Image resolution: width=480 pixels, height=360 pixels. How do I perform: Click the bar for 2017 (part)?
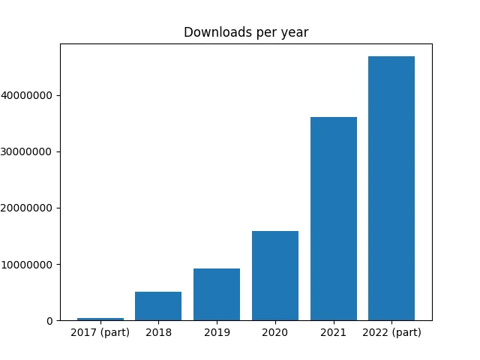tap(100, 319)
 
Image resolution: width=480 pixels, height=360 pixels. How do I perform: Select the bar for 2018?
tap(158, 306)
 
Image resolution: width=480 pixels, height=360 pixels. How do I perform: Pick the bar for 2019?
tap(217, 295)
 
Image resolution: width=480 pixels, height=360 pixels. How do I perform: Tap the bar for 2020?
tap(275, 276)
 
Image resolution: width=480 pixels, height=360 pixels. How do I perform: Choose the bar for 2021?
tap(334, 219)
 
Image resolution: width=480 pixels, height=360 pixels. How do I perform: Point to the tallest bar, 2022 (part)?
tap(391, 188)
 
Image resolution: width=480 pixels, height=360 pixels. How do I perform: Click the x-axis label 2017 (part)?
tap(100, 332)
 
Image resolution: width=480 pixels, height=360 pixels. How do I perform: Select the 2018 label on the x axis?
tap(158, 332)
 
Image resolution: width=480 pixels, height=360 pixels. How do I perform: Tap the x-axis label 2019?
tap(217, 332)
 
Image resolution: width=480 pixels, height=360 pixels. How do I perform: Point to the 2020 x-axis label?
tap(275, 332)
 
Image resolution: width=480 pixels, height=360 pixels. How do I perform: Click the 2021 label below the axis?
tap(333, 332)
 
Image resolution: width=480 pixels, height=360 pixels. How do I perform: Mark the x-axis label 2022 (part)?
tap(391, 332)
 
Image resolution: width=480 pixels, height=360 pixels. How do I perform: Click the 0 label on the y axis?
tap(50, 321)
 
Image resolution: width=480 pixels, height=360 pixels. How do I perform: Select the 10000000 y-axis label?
tap(27, 265)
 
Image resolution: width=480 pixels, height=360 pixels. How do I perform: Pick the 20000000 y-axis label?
tap(27, 208)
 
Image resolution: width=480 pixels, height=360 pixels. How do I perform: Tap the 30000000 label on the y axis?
tap(27, 151)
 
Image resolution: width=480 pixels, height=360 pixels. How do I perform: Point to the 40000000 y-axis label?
tap(27, 95)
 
